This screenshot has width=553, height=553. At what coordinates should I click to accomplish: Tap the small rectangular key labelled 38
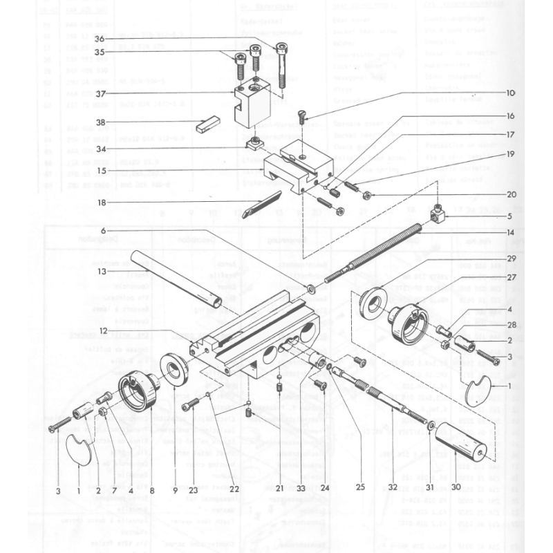tap(207, 125)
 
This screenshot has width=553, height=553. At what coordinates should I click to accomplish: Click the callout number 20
tap(512, 194)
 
